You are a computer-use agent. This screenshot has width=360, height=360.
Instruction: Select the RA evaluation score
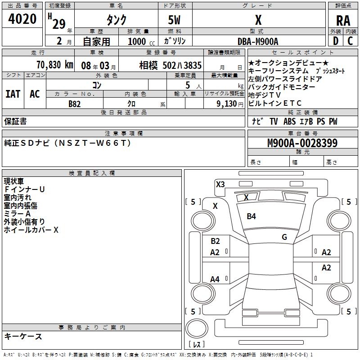click(x=343, y=21)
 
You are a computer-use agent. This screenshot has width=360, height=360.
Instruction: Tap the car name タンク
click(x=116, y=20)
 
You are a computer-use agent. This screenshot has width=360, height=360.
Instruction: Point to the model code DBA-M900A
click(x=258, y=41)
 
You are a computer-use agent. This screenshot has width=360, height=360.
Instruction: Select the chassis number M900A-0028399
click(x=302, y=143)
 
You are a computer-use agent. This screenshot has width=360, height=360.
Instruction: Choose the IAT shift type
click(x=13, y=94)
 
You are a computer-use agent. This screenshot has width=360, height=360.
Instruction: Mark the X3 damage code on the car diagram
click(x=220, y=184)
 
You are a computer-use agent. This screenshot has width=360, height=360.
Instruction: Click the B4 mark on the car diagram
click(x=251, y=216)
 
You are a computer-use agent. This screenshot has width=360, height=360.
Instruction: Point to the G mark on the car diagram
click(x=284, y=237)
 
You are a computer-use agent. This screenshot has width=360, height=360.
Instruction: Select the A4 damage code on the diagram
click(x=215, y=279)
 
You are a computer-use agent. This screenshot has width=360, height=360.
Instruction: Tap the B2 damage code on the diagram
click(x=215, y=241)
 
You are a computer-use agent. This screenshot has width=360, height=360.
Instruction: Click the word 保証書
click(x=15, y=121)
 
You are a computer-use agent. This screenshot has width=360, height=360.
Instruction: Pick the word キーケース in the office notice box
click(x=23, y=336)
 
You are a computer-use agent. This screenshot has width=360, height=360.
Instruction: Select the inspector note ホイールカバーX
click(x=31, y=230)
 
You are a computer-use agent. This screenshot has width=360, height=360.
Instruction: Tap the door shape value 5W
click(x=175, y=20)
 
